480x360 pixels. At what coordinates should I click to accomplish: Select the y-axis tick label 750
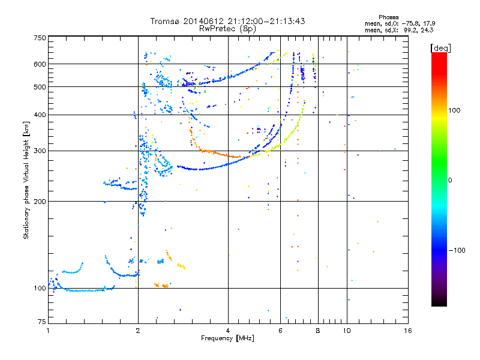[40, 38]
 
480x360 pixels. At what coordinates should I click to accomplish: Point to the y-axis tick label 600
[40, 64]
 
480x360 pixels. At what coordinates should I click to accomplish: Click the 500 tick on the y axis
[40, 86]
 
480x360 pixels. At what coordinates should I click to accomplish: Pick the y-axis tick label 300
[40, 151]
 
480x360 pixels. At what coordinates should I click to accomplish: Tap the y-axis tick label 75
[41, 320]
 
